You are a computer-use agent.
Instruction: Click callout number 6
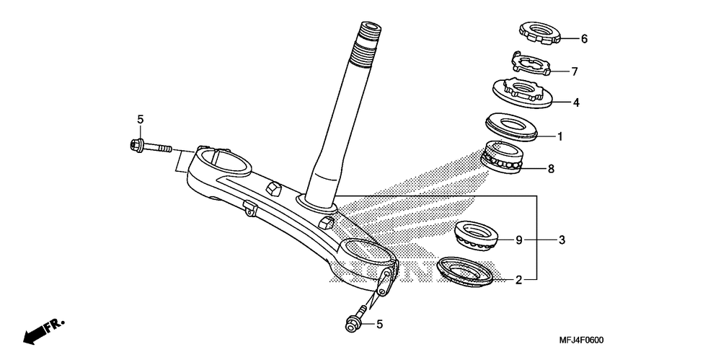(584, 39)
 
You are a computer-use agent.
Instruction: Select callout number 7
(575, 71)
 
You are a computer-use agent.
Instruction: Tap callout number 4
(576, 102)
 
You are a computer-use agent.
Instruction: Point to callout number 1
(559, 136)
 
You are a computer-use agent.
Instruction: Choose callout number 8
(551, 170)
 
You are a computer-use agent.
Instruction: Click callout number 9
(518, 239)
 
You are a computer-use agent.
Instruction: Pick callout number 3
(562, 239)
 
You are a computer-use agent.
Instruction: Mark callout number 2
(518, 279)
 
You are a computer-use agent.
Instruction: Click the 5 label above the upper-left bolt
(141, 119)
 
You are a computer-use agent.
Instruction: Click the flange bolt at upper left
(150, 148)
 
